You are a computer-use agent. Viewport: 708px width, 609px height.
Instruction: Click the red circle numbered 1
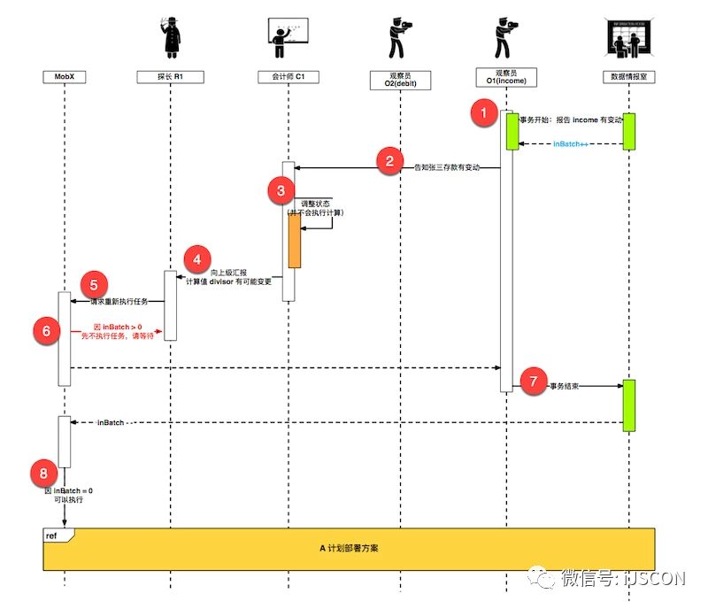coord(483,112)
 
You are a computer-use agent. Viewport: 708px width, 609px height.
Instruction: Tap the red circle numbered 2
coord(389,161)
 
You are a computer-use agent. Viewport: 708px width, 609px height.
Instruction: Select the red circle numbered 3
coord(281,189)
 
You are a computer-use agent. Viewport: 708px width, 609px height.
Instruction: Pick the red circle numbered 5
coord(93,285)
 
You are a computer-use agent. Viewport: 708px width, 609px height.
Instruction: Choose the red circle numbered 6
coord(47,329)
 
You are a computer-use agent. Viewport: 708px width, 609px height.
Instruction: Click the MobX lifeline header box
coord(65,78)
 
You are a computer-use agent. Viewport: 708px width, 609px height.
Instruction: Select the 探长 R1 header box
coord(170,78)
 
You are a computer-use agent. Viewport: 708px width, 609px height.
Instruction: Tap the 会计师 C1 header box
coord(289,78)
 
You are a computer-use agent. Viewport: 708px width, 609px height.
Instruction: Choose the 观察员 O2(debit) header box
coord(399,79)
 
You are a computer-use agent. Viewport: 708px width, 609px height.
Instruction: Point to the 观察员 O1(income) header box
coord(505,78)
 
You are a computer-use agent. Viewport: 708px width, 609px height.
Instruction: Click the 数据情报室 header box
coord(628,78)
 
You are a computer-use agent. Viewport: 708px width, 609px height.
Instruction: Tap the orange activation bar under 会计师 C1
coord(294,240)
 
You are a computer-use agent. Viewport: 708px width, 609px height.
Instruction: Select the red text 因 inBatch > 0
coord(118,327)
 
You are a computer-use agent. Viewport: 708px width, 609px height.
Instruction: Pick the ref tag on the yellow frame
coord(52,536)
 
